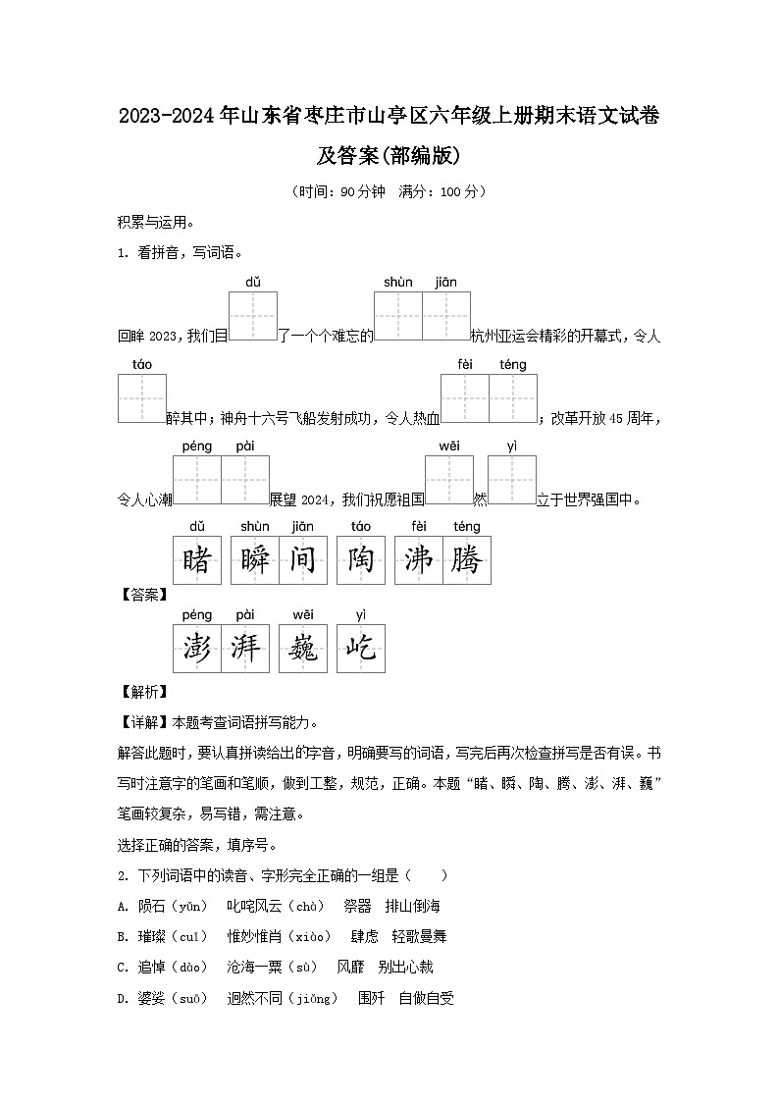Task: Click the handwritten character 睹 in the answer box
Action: point(197,560)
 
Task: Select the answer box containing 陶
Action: point(361,560)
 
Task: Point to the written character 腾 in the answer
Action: point(467,560)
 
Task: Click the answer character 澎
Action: point(197,649)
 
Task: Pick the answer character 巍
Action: point(303,649)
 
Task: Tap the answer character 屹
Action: point(361,649)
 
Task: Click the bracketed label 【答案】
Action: point(142,594)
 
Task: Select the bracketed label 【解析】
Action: point(142,692)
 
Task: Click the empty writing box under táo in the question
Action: point(142,399)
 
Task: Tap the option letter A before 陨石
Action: point(123,906)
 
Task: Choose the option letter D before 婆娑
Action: point(123,998)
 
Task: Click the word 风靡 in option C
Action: point(351,967)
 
